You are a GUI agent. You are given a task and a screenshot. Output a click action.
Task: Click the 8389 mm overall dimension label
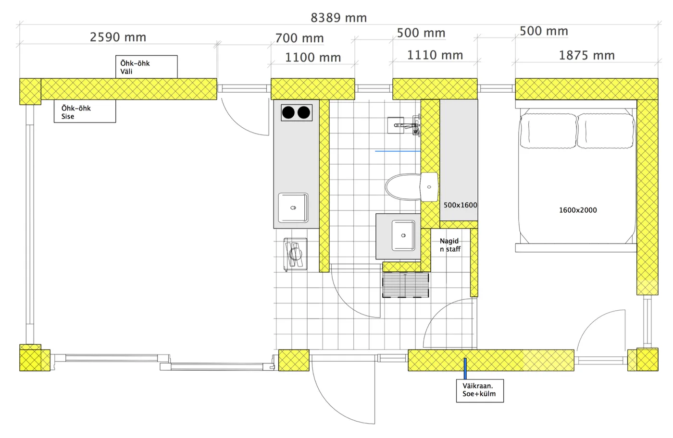point(338,18)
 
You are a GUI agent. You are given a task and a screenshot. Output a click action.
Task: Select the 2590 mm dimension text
point(118,37)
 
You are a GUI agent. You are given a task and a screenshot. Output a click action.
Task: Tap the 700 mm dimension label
point(299,38)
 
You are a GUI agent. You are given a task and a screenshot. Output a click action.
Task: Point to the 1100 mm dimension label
point(313,57)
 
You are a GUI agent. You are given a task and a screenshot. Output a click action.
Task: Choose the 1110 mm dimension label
point(435,55)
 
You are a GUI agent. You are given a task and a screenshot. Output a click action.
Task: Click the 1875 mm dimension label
point(586,56)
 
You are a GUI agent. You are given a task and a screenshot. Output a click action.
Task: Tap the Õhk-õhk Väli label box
point(146,67)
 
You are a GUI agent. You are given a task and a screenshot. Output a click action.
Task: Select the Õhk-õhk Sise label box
point(85,111)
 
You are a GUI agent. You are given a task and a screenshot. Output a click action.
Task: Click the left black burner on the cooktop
point(288,112)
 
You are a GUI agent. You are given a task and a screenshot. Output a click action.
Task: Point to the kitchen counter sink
point(293,208)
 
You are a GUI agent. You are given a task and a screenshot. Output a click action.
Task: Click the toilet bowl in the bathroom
point(403,187)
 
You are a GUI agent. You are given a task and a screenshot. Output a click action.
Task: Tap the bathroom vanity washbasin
point(403,236)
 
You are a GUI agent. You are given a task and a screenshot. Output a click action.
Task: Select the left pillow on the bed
point(548,131)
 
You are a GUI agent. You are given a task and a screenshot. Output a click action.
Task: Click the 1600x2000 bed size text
point(578,210)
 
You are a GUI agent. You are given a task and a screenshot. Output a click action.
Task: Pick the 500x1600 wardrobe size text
point(461,205)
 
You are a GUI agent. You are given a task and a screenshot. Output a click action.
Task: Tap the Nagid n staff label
point(450,245)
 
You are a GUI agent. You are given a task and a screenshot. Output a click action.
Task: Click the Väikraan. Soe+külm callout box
point(480,390)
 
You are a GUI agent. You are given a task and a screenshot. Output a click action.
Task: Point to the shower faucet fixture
point(409,125)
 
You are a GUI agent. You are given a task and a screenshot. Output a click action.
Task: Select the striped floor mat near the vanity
point(405,285)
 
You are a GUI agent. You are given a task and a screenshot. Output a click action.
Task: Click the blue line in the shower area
point(398,151)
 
